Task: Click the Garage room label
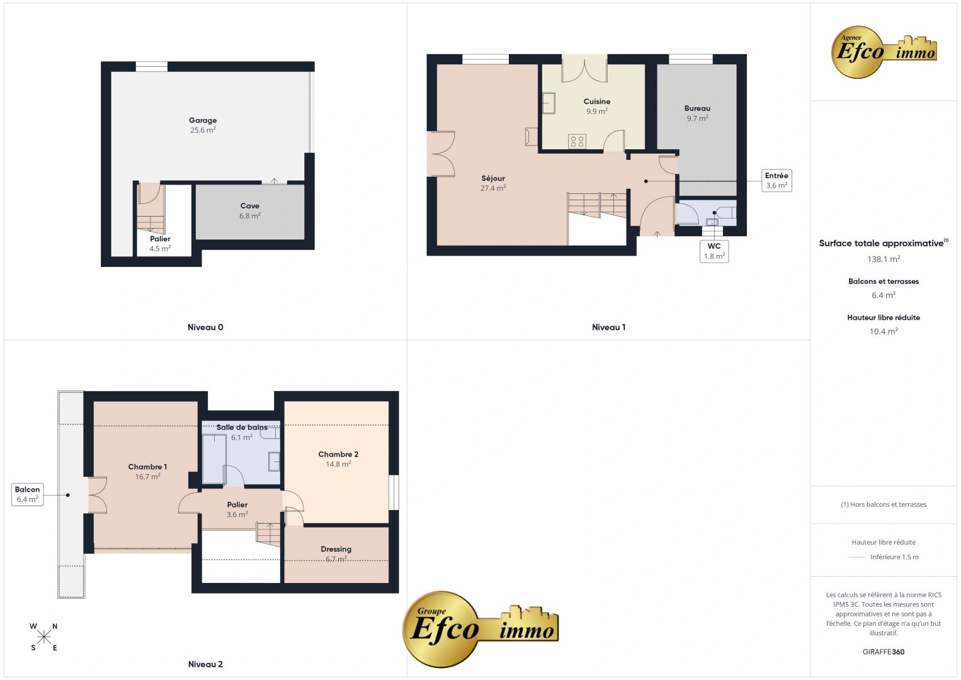[203, 120]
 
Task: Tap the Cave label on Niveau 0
[249, 206]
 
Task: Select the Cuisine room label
[597, 101]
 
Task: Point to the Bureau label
[697, 108]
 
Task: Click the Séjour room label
[493, 178]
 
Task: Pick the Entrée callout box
[776, 181]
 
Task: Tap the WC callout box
[714, 251]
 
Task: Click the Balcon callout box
[28, 494]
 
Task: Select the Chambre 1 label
[147, 467]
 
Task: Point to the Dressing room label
[336, 549]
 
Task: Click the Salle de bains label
[242, 428]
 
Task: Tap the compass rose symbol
[43, 637]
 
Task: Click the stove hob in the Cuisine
[577, 142]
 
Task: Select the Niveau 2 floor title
[205, 664]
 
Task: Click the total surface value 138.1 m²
[884, 259]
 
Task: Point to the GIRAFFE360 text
[884, 652]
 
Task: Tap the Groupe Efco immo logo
[480, 629]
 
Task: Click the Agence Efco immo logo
[884, 52]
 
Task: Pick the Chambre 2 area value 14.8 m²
[339, 464]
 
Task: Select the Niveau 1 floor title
[609, 327]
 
